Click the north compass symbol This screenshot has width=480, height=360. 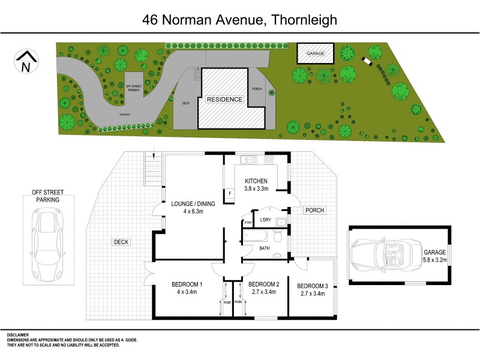pos(26,62)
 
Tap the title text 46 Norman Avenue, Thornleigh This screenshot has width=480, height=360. pos(239,19)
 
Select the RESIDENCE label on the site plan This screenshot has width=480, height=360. pos(225,99)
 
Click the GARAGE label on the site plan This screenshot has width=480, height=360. pos(316,53)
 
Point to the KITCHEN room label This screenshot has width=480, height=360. pos(259,181)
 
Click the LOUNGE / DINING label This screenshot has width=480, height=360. pos(193,203)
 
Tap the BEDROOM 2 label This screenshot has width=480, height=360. pos(264,284)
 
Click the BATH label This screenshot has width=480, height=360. pos(265,247)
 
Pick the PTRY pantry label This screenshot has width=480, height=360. pos(248,224)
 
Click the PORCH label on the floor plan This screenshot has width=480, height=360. pos(314,210)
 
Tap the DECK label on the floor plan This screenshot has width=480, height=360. pos(121,242)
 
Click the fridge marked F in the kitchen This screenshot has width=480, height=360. pos(230,193)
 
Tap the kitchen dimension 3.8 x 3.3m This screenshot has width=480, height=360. pos(259,188)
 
